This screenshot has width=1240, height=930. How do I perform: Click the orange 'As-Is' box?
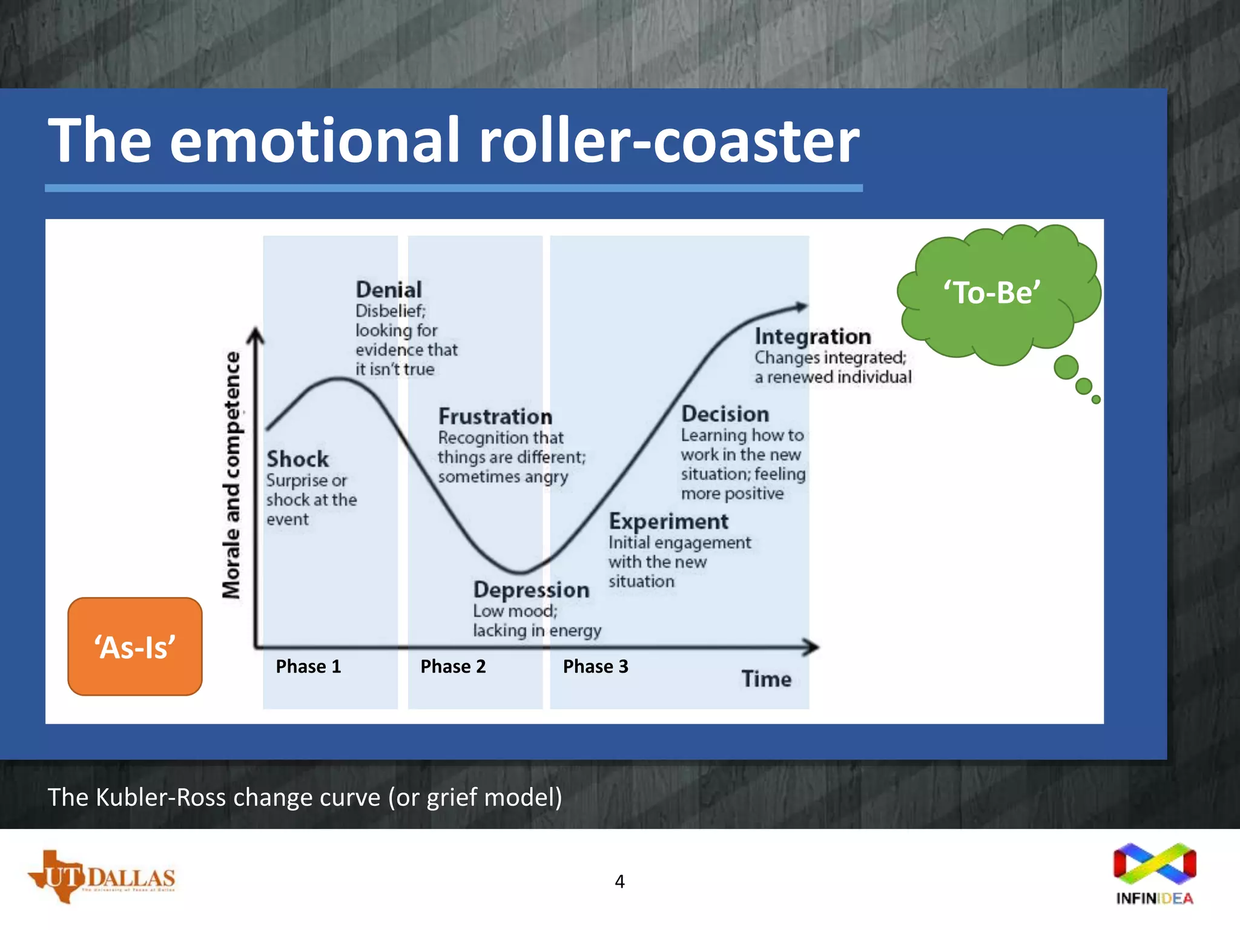pos(134,647)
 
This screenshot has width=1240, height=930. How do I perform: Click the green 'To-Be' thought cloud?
pos(993,293)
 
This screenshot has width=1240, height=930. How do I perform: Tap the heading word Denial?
pos(389,289)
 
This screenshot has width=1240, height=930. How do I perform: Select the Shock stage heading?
pos(297,459)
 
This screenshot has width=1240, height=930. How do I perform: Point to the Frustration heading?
pos(495,417)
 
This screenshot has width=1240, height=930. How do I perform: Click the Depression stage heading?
pos(531,590)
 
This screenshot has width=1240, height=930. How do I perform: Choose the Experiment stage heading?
pos(668,521)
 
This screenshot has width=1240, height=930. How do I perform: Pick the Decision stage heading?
pos(725,414)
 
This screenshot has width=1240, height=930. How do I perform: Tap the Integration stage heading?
pos(813,337)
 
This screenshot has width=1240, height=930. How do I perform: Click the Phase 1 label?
pos(308,667)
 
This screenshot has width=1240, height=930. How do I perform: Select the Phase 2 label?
pos(453,667)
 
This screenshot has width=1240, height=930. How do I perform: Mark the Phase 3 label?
pos(595,667)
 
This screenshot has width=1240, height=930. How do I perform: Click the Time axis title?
pos(766,679)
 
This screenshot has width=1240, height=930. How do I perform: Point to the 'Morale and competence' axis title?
pos(231,475)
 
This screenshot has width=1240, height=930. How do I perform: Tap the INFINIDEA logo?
pos(1155,873)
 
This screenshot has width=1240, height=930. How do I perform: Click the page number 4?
pos(619,882)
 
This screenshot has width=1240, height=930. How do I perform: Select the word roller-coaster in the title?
pos(668,140)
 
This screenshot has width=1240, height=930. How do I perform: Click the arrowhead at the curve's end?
pos(802,306)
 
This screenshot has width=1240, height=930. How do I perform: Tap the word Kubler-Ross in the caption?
pos(162,797)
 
